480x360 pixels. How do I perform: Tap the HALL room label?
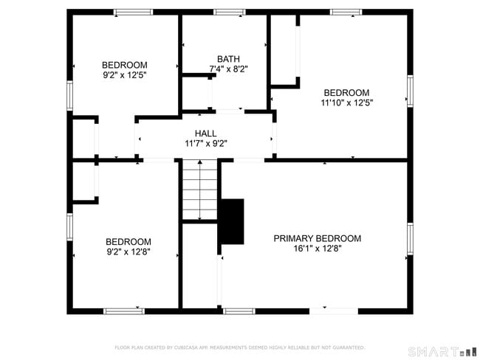pos(205,134)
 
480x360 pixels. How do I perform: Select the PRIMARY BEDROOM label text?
pos(317,238)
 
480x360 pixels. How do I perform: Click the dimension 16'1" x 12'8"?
pos(317,249)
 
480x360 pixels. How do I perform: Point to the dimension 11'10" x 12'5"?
pos(347,103)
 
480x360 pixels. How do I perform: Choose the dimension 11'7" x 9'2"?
pos(205,144)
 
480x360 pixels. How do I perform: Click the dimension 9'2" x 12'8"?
pos(128,252)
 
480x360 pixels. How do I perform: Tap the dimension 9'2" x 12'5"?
pos(125,75)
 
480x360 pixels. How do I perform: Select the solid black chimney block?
pos(233,221)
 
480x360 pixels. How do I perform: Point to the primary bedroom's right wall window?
pos(410,239)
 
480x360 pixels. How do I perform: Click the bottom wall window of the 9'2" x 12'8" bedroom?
pos(124,311)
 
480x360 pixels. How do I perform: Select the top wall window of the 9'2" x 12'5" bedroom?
pos(133,12)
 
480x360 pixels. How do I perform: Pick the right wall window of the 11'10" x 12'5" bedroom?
pos(410,91)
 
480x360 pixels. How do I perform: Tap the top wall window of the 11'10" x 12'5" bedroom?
pos(346,12)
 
